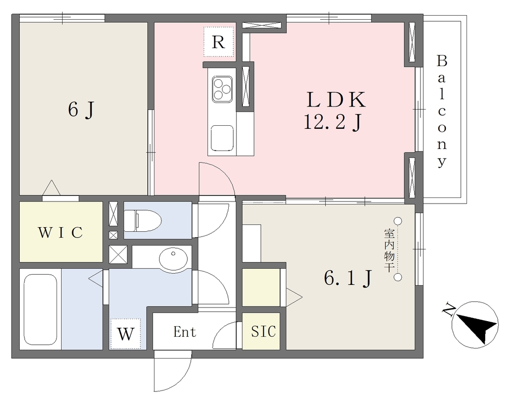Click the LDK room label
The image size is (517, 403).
(x=336, y=99)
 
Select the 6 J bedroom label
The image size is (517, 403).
(x=81, y=110)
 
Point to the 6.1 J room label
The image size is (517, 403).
(x=348, y=278)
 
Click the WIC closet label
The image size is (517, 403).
(x=61, y=232)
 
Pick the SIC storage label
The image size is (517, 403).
(x=264, y=331)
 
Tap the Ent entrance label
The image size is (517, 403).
(x=185, y=332)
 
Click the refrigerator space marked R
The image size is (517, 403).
(x=218, y=42)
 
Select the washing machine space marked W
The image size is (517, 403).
(x=126, y=334)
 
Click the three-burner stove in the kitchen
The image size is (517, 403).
(x=222, y=89)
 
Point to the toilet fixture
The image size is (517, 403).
(x=142, y=220)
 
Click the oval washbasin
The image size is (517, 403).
(x=173, y=258)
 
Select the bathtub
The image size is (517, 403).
(x=40, y=310)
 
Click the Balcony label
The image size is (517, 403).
(x=442, y=112)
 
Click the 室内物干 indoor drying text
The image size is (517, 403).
(x=389, y=251)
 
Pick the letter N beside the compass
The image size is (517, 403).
(x=448, y=309)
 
